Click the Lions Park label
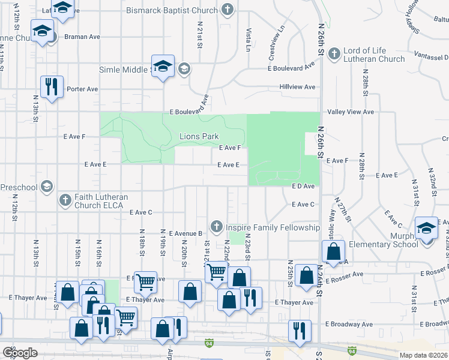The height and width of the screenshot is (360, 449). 199,136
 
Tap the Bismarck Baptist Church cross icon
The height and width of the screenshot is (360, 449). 228,10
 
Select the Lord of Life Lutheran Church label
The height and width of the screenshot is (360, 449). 374,55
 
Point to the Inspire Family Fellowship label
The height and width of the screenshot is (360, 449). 273,228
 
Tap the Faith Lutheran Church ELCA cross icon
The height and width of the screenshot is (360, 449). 64,200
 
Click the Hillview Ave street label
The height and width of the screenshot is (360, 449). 297,87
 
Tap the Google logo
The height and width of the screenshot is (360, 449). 20,353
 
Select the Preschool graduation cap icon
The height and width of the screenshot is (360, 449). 46,187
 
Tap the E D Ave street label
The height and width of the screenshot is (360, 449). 303,187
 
